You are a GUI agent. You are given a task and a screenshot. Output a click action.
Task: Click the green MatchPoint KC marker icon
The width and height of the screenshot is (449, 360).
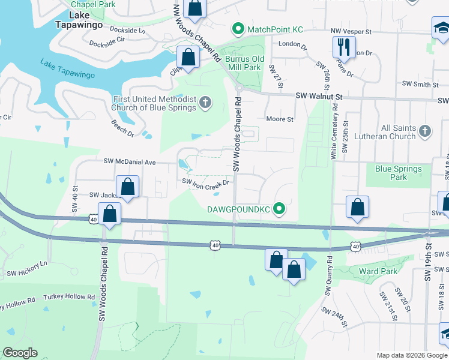click(238, 29)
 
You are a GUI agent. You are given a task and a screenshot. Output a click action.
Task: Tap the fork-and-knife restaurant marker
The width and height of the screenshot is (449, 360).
click(344, 47)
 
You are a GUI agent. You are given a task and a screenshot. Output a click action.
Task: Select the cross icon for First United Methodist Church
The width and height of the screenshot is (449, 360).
click(205, 103)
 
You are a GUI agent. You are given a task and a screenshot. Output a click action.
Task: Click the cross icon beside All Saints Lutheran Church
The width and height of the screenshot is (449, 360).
click(425, 131)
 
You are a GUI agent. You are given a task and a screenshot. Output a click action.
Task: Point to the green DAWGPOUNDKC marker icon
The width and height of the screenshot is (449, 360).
click(279, 209)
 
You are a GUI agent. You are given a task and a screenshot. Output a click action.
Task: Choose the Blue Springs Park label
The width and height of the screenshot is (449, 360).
click(399, 173)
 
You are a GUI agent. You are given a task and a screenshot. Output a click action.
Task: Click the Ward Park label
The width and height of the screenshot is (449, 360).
click(378, 271)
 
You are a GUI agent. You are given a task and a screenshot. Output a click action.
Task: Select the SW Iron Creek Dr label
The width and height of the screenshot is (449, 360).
click(206, 184)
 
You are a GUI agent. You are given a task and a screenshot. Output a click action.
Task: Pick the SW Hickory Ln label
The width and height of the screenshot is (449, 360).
click(26, 269)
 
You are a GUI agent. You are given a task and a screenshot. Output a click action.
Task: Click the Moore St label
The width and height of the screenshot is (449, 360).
click(279, 119)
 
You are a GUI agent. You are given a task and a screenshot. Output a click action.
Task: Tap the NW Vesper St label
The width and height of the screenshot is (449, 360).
click(351, 31)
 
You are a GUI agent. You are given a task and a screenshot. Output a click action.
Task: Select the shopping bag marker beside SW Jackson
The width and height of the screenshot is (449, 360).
click(127, 187)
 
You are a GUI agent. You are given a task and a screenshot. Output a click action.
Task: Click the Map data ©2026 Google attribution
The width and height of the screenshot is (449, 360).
click(411, 355)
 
